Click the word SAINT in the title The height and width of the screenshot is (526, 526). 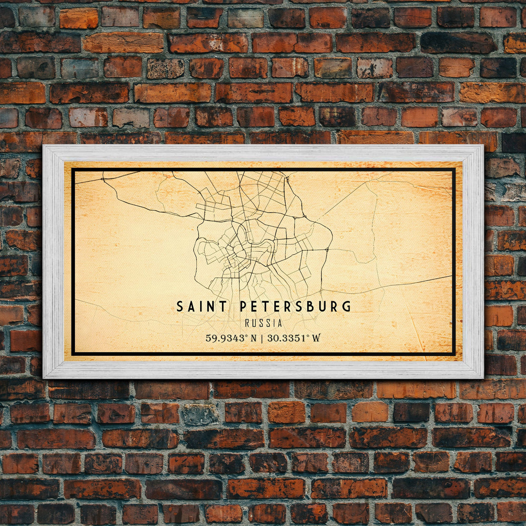201,307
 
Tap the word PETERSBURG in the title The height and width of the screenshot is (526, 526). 295,307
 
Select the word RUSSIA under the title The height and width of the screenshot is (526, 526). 263,323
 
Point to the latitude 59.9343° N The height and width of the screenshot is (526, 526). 231,338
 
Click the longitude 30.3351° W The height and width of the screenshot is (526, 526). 294,338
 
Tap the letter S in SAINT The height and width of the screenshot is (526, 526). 180,307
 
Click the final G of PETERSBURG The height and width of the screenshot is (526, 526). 346,307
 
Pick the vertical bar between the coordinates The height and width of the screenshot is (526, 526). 263,338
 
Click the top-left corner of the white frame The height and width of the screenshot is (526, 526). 44,146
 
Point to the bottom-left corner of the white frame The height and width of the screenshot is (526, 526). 44,378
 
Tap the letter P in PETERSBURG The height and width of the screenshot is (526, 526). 243,307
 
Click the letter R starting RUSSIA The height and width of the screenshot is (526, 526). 247,323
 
